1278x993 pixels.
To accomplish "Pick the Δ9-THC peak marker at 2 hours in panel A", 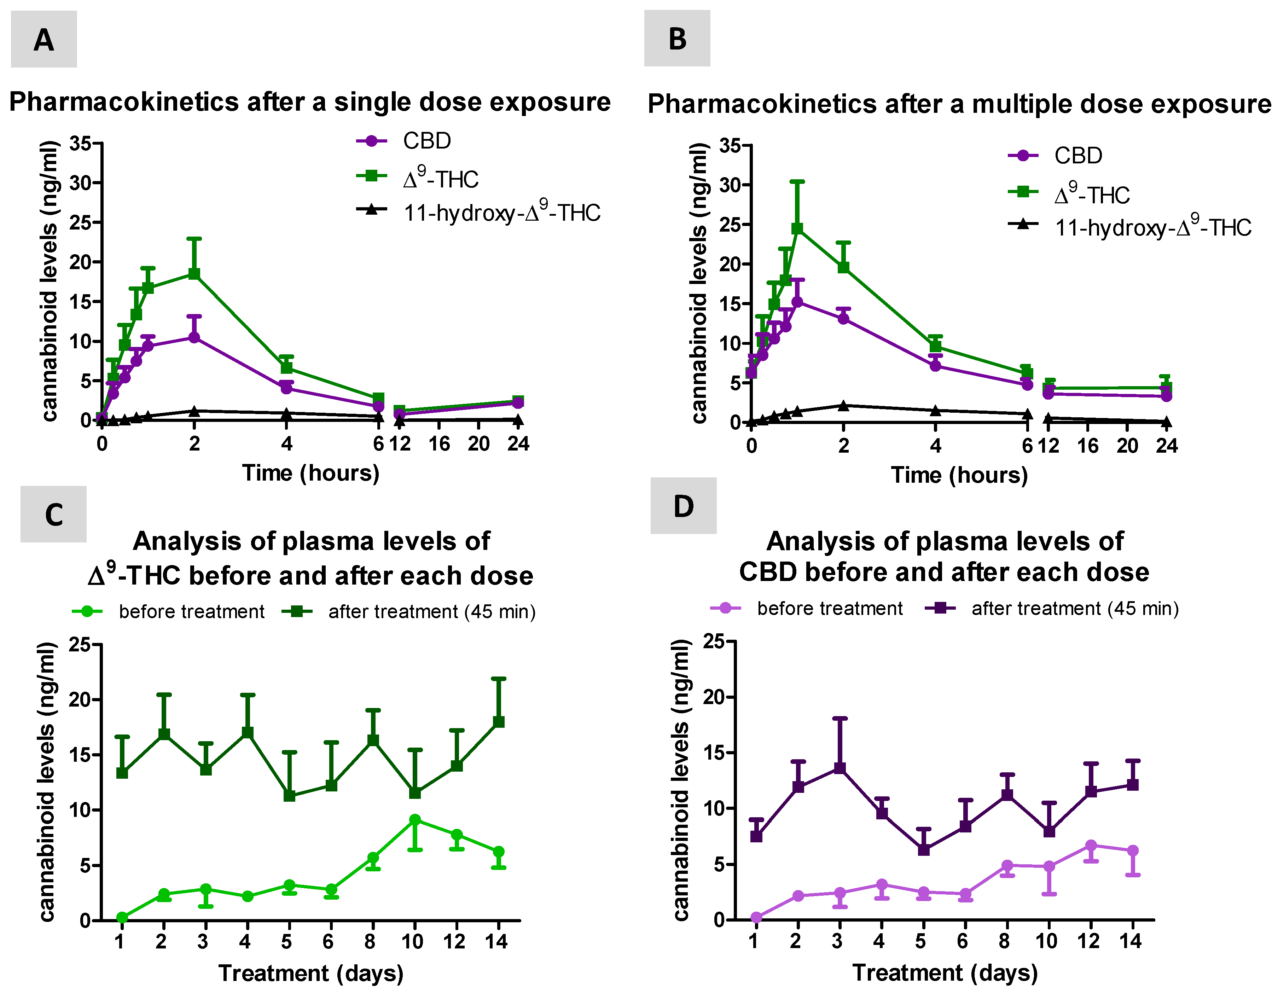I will click(x=194, y=274).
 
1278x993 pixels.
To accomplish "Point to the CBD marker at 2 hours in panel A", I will click(x=194, y=338).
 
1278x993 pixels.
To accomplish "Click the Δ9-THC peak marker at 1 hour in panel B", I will click(x=797, y=228).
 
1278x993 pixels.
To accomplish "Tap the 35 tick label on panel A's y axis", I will click(x=80, y=143).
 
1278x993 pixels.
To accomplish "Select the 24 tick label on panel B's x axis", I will click(x=1166, y=446).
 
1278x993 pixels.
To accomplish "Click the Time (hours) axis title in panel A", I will click(x=311, y=473).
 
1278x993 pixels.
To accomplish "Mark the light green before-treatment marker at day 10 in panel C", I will click(x=415, y=820).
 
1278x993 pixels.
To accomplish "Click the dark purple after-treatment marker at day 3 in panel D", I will click(x=840, y=768).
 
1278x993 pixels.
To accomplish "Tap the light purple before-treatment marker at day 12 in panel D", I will click(x=1091, y=846).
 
